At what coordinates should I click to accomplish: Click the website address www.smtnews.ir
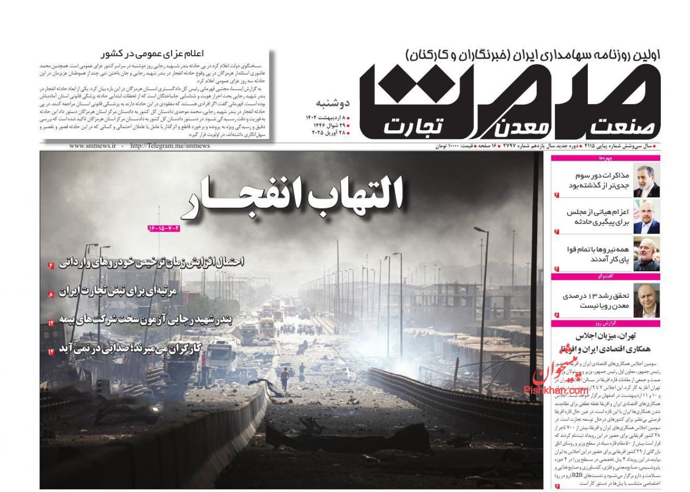point(93,146)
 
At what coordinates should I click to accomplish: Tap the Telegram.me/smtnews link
point(170,146)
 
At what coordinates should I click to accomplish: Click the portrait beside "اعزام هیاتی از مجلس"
point(646,217)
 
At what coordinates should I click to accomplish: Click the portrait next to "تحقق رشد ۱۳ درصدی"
point(646,300)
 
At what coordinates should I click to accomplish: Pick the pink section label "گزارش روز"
point(606,323)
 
